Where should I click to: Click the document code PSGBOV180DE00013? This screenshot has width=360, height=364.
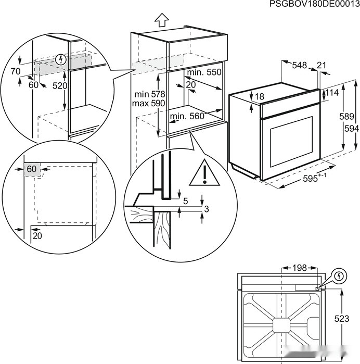point(314,4)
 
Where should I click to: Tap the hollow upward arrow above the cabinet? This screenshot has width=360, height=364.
point(162,20)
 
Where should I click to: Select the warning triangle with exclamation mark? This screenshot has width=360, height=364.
point(205,173)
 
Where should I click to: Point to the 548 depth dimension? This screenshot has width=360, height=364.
point(299,65)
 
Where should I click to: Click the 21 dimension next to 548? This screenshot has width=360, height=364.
point(322,65)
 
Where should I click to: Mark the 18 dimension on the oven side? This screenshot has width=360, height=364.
point(260,96)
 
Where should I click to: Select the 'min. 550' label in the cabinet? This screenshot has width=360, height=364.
point(204,72)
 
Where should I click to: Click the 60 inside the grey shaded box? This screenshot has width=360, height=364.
point(32,169)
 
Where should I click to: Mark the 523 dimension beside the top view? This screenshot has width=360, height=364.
point(342,319)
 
